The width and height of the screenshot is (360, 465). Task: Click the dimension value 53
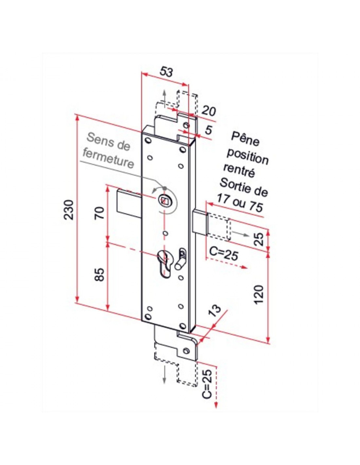click(x=166, y=72)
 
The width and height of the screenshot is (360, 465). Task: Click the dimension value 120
click(x=259, y=294)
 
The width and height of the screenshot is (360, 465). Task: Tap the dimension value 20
click(x=209, y=111)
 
